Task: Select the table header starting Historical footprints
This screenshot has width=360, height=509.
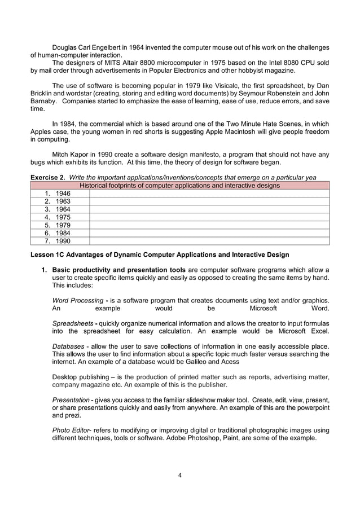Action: [x=180, y=185]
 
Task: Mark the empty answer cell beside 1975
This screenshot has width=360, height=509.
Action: [x=209, y=217]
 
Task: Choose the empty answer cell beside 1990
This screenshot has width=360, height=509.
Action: [x=209, y=241]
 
